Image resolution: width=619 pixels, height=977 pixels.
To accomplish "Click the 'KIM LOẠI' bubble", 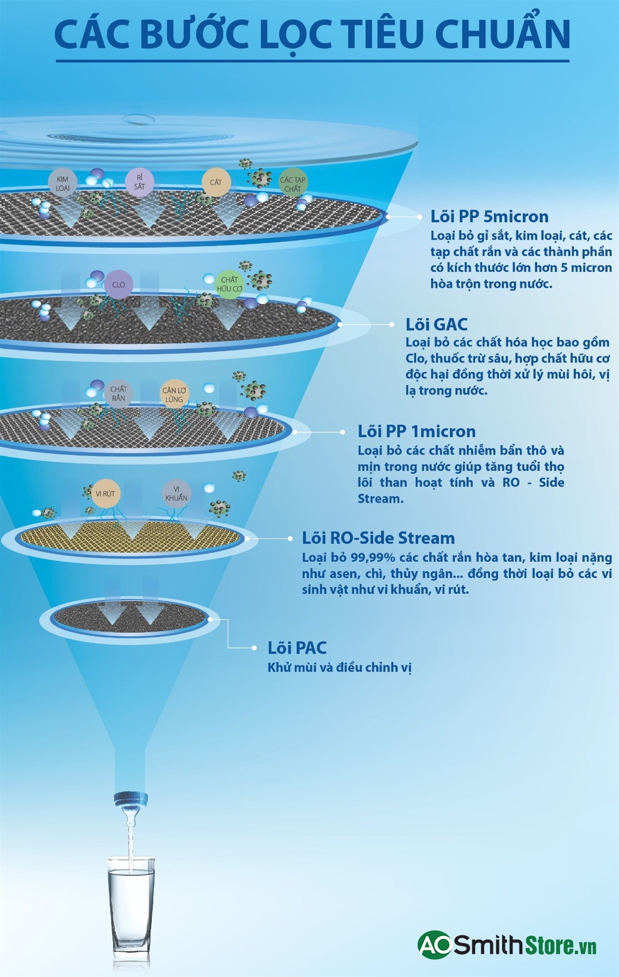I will click(x=62, y=183).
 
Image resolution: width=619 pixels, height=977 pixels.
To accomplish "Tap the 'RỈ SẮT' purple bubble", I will click(x=139, y=182).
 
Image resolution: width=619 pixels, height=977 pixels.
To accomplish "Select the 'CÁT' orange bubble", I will click(x=216, y=182).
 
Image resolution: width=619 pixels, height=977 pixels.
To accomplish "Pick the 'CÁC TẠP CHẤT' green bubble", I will click(x=293, y=184).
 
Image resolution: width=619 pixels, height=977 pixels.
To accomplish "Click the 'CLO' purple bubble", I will click(x=118, y=284).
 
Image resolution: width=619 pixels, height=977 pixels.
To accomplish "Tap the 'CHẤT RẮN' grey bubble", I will click(x=118, y=393).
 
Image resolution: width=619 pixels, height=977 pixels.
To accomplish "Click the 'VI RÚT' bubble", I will click(x=105, y=494).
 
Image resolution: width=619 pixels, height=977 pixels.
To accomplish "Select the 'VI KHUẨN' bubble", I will click(x=176, y=493).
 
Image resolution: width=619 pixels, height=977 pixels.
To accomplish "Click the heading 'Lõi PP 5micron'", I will click(x=489, y=217).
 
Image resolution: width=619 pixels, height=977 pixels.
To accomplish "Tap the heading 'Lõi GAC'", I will click(x=436, y=325).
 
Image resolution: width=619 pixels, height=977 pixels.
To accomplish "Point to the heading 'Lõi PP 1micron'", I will click(x=417, y=432).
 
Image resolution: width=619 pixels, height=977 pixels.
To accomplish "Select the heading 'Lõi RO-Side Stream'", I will click(x=378, y=538).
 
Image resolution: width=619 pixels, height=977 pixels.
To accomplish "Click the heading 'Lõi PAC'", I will click(x=297, y=648).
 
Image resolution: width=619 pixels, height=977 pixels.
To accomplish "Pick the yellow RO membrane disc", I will click(x=129, y=537).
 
